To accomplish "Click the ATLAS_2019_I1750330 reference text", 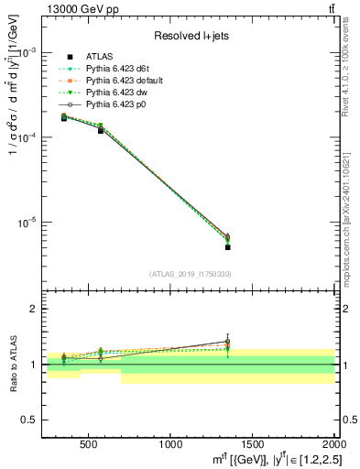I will point(191,274).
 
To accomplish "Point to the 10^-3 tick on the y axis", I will point(29,52).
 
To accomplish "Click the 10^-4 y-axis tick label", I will point(29,137).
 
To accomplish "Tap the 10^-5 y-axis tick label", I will point(29,223).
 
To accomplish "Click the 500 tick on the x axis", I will point(89,442).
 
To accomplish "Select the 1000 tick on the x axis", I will point(170,442).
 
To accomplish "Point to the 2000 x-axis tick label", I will point(330,442).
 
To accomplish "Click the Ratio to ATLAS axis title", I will point(12,365).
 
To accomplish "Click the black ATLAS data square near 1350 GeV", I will point(227,247).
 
